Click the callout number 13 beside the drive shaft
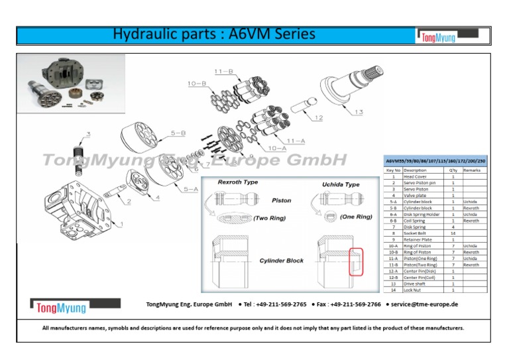tap(358, 112)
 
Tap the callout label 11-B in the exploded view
tap(224, 71)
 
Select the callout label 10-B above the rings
tap(197, 84)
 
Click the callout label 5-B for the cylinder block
tap(178, 133)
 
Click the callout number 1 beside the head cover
tap(121, 224)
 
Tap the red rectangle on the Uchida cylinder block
tap(357, 261)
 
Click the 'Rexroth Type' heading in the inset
tap(238, 182)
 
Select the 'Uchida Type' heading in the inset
tap(341, 184)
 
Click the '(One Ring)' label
tap(355, 217)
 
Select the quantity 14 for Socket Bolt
tap(453, 233)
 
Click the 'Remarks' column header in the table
tap(472, 170)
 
